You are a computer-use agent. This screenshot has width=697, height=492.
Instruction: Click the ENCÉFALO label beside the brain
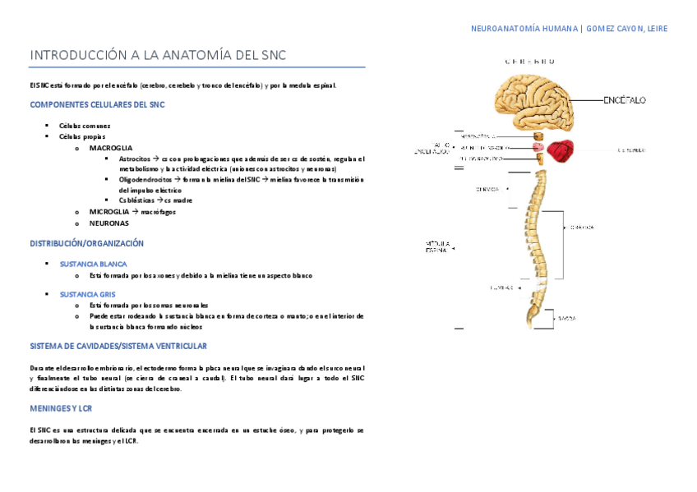point(625,99)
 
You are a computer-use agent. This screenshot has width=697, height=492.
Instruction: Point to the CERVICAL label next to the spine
point(487,189)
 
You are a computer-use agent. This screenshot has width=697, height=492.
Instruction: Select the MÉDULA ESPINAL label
point(436,246)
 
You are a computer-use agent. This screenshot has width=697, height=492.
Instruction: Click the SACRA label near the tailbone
point(567,318)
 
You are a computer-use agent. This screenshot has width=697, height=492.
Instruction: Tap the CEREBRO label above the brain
point(530,62)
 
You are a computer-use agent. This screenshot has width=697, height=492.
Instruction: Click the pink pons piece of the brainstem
point(538,147)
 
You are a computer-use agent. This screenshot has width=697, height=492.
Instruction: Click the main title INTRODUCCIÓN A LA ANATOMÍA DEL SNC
point(158,55)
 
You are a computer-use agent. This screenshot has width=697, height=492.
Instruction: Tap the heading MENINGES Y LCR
point(61,408)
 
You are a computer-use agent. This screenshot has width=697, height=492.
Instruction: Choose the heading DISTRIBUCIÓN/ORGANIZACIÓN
point(87,244)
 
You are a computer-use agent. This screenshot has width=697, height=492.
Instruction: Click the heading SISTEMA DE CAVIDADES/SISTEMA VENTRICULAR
point(118,347)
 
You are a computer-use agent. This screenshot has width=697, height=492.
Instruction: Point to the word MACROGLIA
point(111,148)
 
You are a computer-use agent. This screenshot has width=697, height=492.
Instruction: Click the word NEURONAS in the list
point(109,223)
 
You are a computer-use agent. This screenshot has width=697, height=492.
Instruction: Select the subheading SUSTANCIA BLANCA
point(94,264)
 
